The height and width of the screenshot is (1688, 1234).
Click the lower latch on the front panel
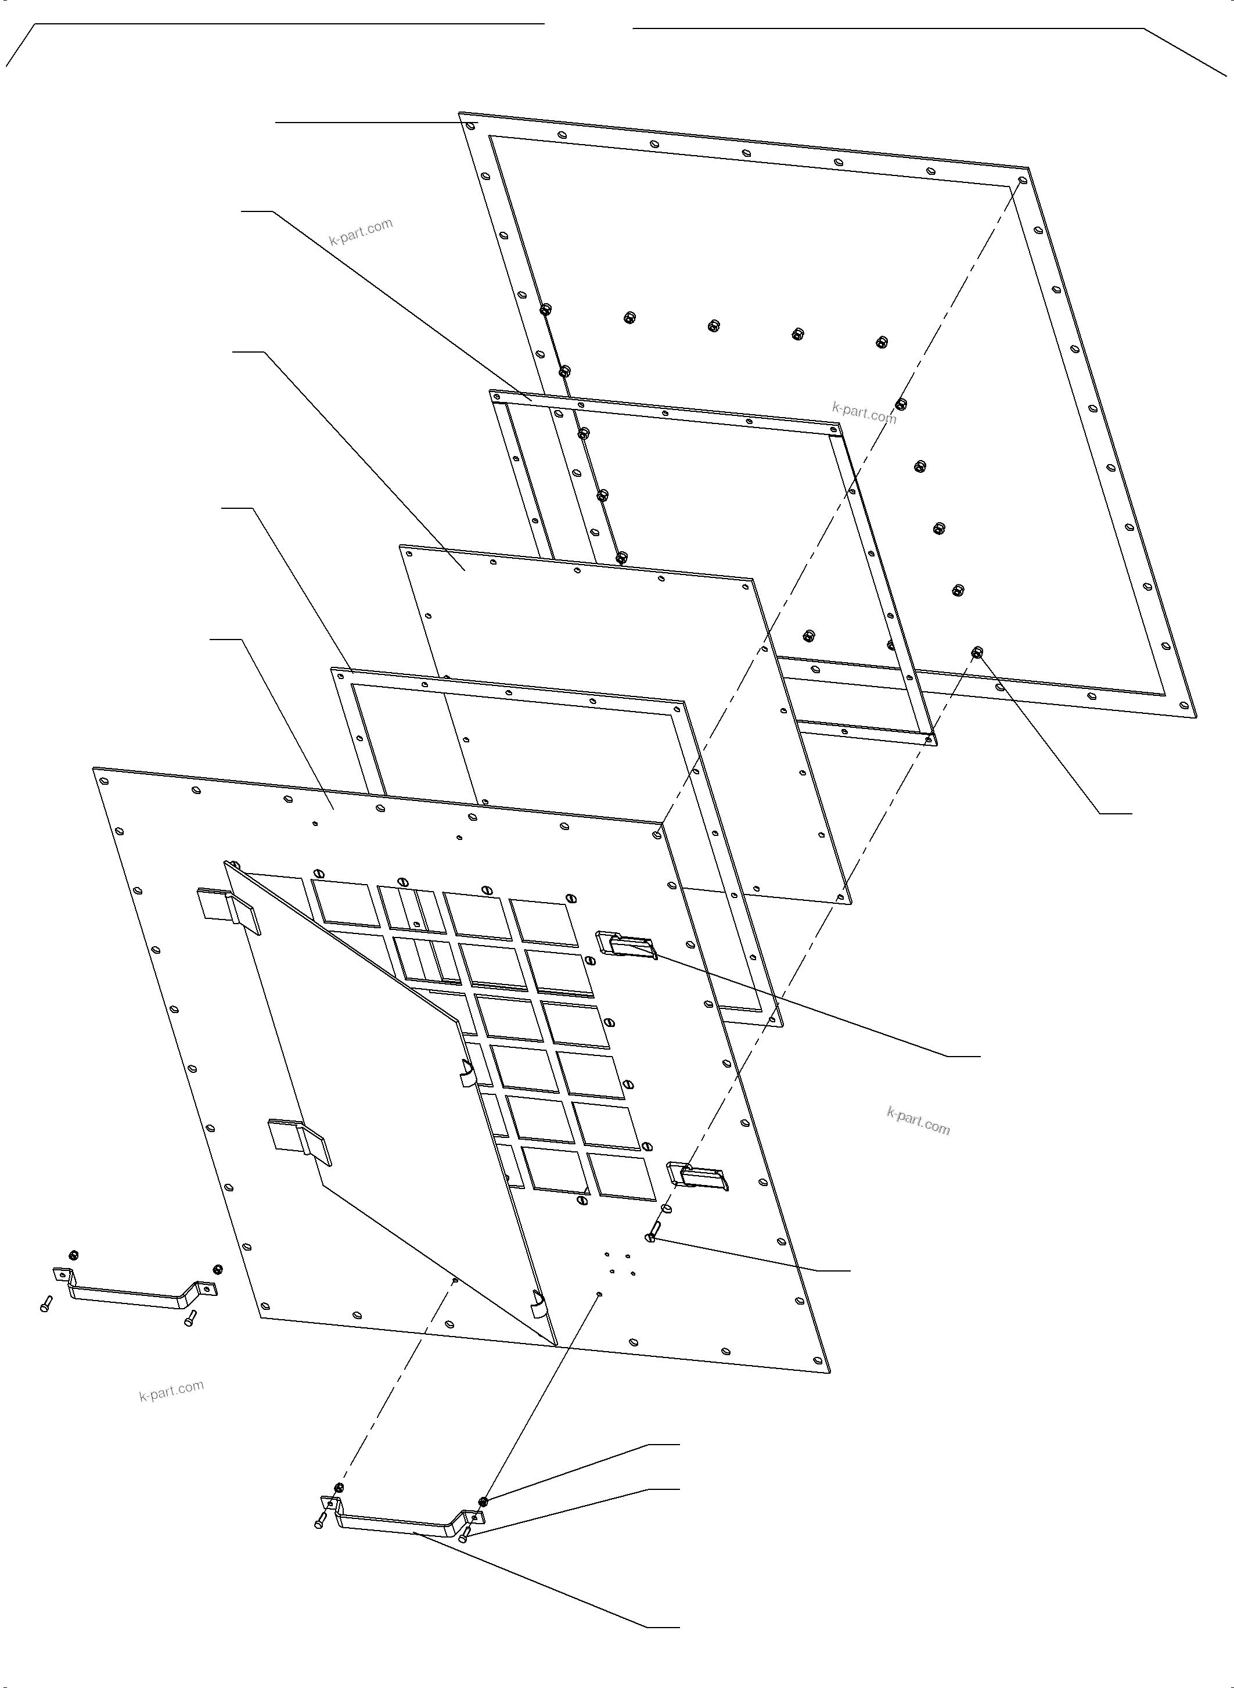coord(697,1177)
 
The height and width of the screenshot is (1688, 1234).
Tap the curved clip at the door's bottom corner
coord(537,1306)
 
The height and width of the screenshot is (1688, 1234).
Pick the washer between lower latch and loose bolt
coord(666,1208)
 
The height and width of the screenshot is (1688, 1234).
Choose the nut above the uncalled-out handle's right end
coord(218,1268)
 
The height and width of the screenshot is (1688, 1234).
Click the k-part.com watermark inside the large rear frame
coord(864,412)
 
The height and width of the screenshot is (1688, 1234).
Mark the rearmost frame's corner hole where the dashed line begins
coord(1023,181)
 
